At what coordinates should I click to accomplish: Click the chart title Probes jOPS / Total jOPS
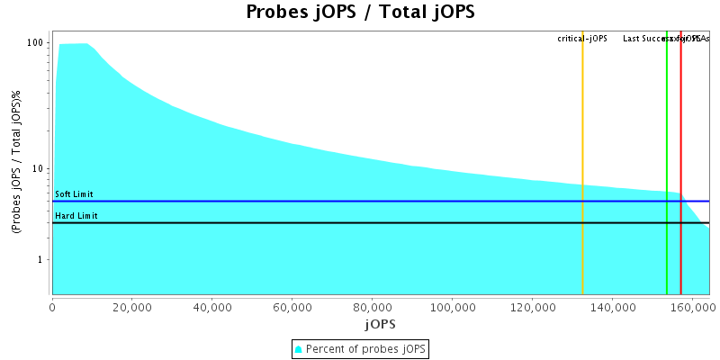click(x=360, y=13)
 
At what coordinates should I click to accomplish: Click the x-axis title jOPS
click(x=380, y=323)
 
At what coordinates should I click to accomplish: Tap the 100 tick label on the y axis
click(x=36, y=43)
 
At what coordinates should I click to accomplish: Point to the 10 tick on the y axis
click(x=40, y=169)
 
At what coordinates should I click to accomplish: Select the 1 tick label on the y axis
click(x=42, y=260)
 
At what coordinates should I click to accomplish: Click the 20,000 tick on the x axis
click(x=131, y=306)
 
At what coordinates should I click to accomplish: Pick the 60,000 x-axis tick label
click(x=292, y=306)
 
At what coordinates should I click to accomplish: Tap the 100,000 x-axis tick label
click(x=452, y=306)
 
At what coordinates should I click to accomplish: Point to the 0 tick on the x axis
click(x=52, y=306)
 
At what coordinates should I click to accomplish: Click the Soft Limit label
click(x=74, y=194)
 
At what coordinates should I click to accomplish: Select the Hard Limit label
click(x=76, y=216)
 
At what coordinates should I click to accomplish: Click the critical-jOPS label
click(x=582, y=39)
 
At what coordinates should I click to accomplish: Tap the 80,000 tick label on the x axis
click(x=372, y=306)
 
